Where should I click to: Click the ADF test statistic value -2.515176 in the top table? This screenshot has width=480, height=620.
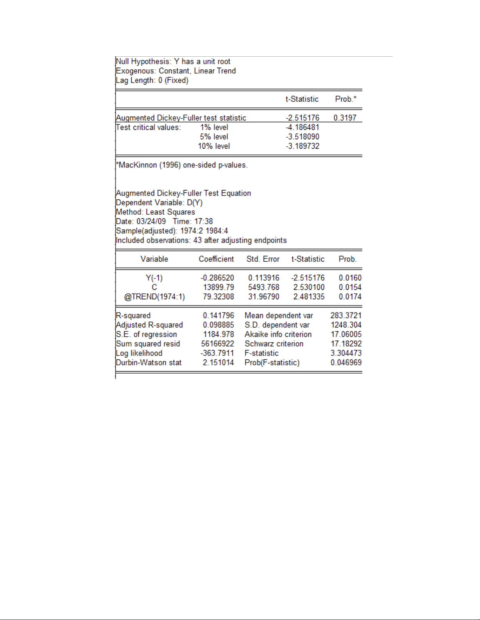[x=302, y=118]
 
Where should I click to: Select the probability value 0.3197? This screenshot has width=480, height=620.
[x=345, y=118]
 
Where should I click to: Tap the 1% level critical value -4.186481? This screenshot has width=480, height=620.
[x=302, y=127]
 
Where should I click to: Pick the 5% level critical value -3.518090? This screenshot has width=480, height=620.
[x=302, y=137]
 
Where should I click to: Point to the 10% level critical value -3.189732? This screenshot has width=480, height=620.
[x=302, y=146]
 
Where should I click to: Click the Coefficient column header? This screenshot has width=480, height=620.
[x=216, y=259]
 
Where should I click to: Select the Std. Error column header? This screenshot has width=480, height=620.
[x=263, y=259]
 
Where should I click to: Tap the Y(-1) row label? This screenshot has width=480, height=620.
[x=154, y=278]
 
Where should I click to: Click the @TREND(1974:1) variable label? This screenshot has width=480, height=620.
[x=154, y=297]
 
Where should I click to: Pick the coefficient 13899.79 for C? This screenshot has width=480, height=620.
[x=218, y=287]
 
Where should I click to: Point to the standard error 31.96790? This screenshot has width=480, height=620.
[x=263, y=297]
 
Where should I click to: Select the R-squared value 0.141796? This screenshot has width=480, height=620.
[x=218, y=315]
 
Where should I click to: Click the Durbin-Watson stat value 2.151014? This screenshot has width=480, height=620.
[x=218, y=363]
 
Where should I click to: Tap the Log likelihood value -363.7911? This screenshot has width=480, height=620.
[x=217, y=353]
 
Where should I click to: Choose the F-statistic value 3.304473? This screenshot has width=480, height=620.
[x=346, y=353]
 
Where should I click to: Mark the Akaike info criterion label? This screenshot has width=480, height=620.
[x=278, y=334]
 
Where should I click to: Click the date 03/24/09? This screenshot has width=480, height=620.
[x=151, y=221]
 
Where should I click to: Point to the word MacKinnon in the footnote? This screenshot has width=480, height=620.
[x=138, y=165]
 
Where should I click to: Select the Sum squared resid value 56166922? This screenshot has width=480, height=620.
[x=217, y=344]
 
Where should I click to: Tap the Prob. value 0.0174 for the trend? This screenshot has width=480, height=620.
[x=350, y=297]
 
